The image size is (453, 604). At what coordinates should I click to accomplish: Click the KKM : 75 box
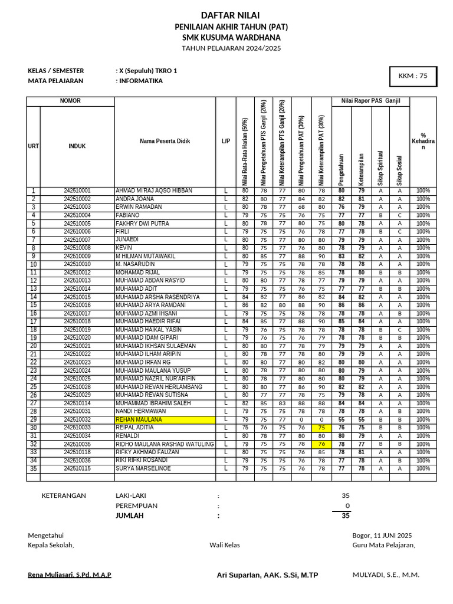[x=413, y=75]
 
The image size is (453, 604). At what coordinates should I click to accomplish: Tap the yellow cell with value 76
[x=321, y=444]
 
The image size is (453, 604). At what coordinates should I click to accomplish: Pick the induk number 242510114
[x=77, y=403]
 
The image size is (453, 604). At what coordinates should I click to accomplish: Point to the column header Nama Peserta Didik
[x=165, y=142]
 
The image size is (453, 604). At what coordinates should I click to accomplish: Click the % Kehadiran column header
[x=423, y=142]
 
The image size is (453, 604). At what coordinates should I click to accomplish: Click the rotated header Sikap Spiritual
[x=380, y=168]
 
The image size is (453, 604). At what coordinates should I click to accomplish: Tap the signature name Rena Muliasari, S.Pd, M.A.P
[x=70, y=575]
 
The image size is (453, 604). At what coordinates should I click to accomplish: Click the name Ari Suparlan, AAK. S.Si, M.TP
[x=267, y=575]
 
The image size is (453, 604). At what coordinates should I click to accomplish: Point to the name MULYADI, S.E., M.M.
[x=386, y=575]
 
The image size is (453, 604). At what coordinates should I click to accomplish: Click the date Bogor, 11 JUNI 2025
[x=382, y=536]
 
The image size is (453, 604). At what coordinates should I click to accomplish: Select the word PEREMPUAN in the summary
[x=136, y=505]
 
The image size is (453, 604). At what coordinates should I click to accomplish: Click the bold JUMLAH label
[x=129, y=516]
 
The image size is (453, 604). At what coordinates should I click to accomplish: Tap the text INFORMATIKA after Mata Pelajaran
[x=140, y=81]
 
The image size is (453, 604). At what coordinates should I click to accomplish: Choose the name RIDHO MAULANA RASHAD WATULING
[x=164, y=444]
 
